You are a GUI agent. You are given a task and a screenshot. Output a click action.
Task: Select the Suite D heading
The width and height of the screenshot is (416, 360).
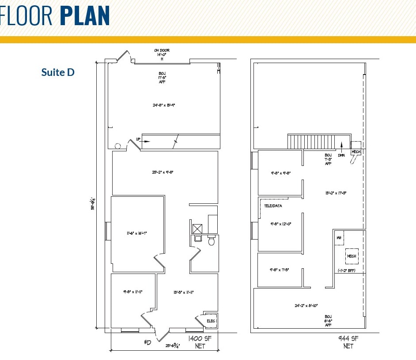pyautogui.click(x=58, y=72)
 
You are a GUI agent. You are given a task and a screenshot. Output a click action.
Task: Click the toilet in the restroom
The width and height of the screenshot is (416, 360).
pyautogui.click(x=211, y=241)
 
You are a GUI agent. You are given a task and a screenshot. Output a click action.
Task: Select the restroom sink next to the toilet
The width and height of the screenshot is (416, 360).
pyautogui.click(x=198, y=238)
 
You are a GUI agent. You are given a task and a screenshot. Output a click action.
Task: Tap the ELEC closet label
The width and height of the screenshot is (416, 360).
pyautogui.click(x=211, y=321)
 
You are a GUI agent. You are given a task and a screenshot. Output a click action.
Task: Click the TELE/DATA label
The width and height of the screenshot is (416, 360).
pyautogui.click(x=273, y=206)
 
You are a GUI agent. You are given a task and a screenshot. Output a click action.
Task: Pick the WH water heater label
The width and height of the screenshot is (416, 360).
pyautogui.click(x=339, y=238)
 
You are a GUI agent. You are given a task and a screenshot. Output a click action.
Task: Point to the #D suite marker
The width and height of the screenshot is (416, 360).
pyautogui.click(x=148, y=342)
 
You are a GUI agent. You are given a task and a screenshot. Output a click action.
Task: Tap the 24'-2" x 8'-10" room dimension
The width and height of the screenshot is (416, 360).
pyautogui.click(x=306, y=305)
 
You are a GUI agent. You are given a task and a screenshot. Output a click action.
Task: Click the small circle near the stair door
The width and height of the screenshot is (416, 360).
pyautogui.click(x=117, y=146)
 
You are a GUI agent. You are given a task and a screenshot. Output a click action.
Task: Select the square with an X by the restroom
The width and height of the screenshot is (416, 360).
pyautogui.click(x=197, y=229)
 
